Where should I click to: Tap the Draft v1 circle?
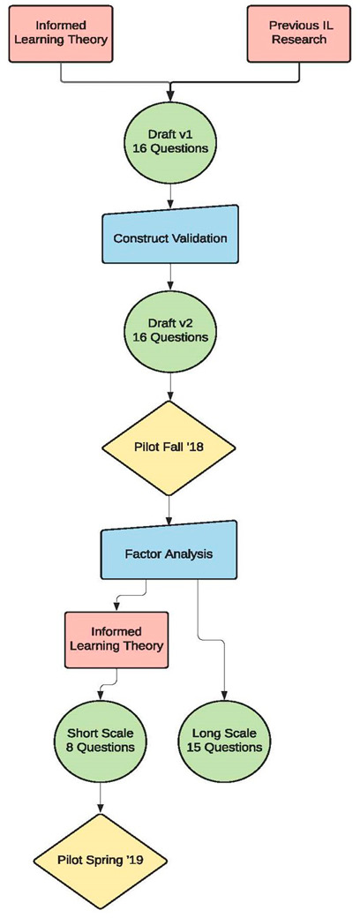(x=169, y=140)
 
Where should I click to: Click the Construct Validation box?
(x=169, y=238)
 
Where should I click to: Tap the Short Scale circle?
(x=100, y=740)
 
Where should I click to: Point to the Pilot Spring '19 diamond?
(x=100, y=857)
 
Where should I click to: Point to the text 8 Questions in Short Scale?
(x=100, y=748)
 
